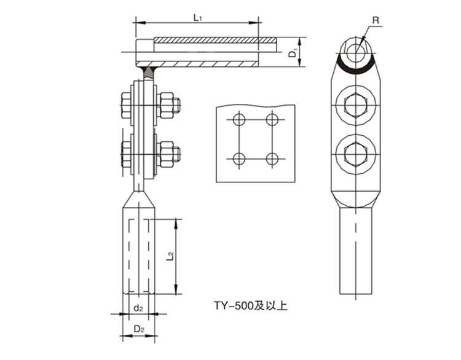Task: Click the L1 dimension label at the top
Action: point(197,18)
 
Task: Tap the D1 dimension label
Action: point(292,53)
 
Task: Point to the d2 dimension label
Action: point(138,308)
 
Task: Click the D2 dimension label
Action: point(139,329)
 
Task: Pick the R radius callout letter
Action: point(376,20)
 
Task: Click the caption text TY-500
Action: point(233,306)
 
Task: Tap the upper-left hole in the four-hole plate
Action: point(239,120)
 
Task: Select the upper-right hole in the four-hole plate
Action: point(272,120)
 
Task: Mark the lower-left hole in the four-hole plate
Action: point(239,159)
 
